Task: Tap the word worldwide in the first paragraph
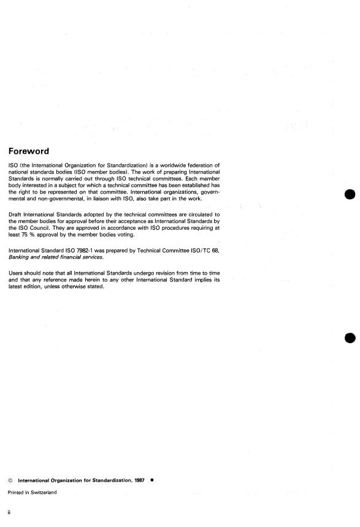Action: pyautogui.click(x=162, y=164)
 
